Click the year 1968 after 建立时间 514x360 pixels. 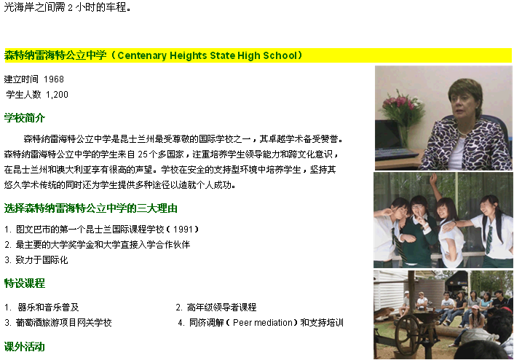pos(54,79)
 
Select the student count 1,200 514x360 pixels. pos(57,95)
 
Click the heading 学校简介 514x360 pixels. pos(25,117)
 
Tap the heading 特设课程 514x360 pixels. pos(25,283)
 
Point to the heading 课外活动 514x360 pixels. pos(25,347)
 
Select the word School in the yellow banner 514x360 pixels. pos(280,55)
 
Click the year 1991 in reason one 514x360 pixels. pos(183,229)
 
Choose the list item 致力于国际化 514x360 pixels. pos(41,260)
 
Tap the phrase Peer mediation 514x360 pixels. pos(262,323)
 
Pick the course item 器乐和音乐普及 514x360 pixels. pos(48,307)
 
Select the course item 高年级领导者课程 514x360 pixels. pos(221,307)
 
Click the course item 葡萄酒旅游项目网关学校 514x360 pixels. pos(63,323)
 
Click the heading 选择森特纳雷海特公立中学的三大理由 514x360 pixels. pos(91,208)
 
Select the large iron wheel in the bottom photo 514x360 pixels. pos(408,334)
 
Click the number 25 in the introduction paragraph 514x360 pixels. pos(143,154)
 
